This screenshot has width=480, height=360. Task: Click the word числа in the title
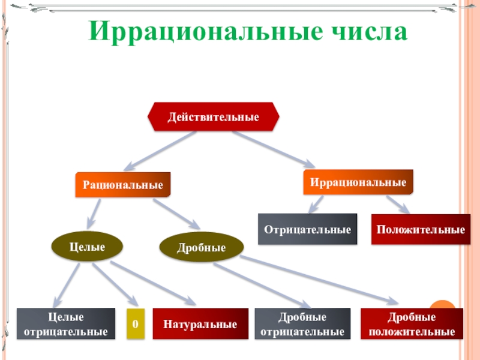[x=367, y=31]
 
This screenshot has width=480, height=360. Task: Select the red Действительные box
[x=214, y=116]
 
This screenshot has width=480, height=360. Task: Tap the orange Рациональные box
[x=123, y=185]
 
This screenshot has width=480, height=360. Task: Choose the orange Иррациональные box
[x=358, y=182]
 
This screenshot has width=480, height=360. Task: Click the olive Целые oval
[x=88, y=247]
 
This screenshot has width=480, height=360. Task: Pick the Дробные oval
[x=202, y=247]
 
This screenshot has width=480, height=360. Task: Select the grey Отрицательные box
[x=307, y=229]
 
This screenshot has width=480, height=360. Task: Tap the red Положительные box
[x=421, y=229]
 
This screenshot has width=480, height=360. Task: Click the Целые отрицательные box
[x=66, y=324]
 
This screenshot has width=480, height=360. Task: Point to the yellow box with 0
[x=136, y=324]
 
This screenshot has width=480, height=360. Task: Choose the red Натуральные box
[x=200, y=324]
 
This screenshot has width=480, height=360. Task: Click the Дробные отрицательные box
[x=302, y=324]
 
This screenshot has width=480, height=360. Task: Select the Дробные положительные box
[x=412, y=324]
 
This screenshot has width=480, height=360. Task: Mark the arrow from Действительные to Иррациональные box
[x=273, y=148]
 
